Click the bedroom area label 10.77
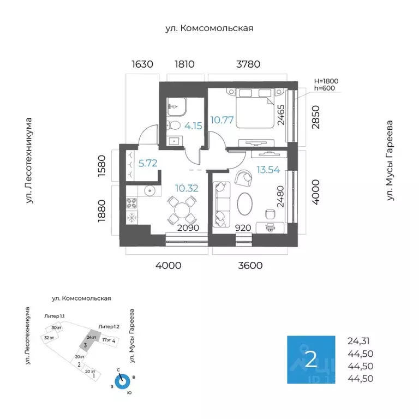223,120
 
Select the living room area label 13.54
268,170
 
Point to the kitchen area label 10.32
186,189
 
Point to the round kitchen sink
148,191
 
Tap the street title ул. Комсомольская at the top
209,28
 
